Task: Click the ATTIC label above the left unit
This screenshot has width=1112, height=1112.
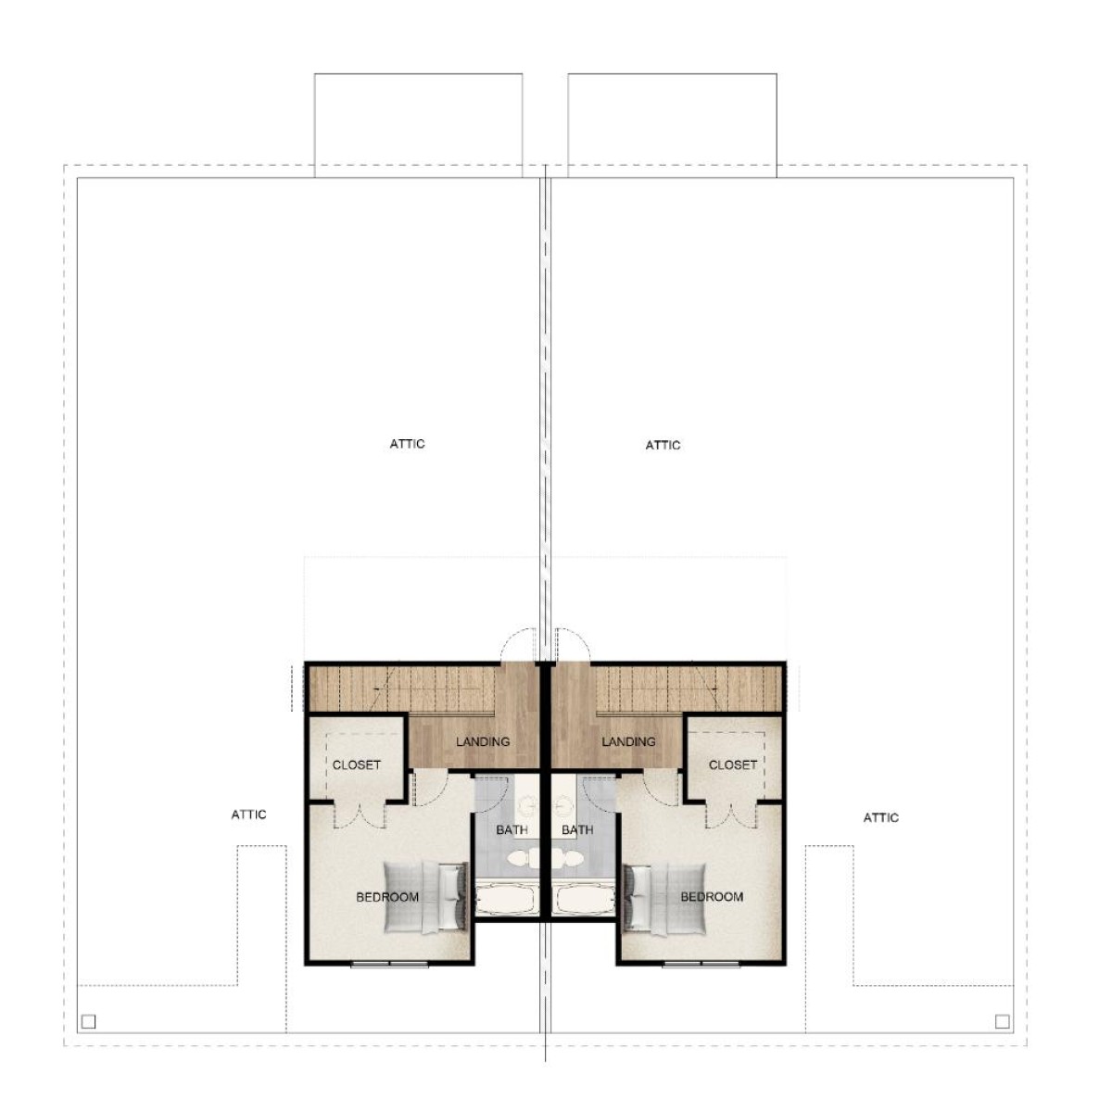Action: pyautogui.click(x=408, y=445)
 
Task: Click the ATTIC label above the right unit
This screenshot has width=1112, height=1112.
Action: pyautogui.click(x=663, y=446)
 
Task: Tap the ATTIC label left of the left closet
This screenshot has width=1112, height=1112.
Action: pyautogui.click(x=248, y=815)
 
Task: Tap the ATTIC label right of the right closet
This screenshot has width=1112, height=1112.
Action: pyautogui.click(x=880, y=817)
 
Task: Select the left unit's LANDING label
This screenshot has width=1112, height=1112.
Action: pyautogui.click(x=483, y=741)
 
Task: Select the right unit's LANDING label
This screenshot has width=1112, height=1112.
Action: pyautogui.click(x=628, y=741)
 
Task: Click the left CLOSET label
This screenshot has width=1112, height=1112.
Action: pyautogui.click(x=357, y=765)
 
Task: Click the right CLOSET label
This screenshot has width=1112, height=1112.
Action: pyautogui.click(x=733, y=765)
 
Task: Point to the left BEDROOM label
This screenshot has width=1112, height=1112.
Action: pyautogui.click(x=387, y=897)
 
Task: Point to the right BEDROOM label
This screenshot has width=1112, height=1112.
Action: pyautogui.click(x=712, y=897)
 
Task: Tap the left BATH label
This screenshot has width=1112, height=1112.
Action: pyautogui.click(x=512, y=830)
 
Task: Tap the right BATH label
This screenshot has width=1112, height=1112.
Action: pyautogui.click(x=577, y=830)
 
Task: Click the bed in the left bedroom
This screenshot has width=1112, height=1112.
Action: pyautogui.click(x=426, y=898)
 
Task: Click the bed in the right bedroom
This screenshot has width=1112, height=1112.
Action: pyautogui.click(x=664, y=898)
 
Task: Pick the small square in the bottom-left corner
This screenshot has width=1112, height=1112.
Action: pyautogui.click(x=88, y=1022)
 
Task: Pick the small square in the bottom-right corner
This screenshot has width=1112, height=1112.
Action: pyautogui.click(x=1003, y=1022)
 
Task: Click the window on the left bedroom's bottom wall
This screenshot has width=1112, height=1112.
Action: pyautogui.click(x=390, y=964)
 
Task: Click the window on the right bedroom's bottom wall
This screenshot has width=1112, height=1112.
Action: pyautogui.click(x=701, y=964)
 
